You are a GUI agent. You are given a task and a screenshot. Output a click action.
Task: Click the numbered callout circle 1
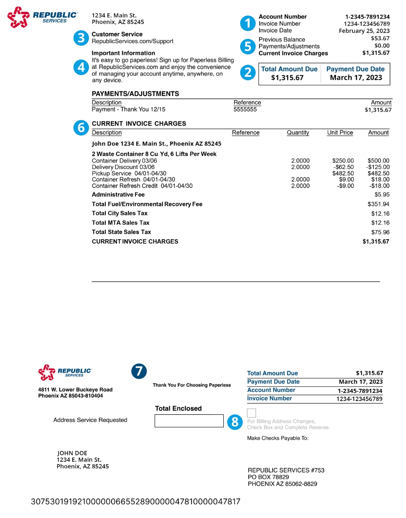click(x=248, y=23)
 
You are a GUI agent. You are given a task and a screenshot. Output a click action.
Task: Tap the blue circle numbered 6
click(x=81, y=128)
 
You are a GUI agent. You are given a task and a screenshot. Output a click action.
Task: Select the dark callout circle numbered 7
click(x=139, y=372)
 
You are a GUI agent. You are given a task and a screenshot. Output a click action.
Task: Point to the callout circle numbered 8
click(x=235, y=422)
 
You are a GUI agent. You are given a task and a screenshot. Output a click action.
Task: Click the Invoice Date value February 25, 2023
click(x=364, y=31)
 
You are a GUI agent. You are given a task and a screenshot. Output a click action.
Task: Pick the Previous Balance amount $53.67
click(x=380, y=38)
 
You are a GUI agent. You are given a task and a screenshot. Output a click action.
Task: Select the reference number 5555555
click(x=245, y=110)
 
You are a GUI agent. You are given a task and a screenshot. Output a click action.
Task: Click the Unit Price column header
click(x=340, y=133)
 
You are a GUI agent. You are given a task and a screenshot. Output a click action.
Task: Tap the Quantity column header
click(x=298, y=133)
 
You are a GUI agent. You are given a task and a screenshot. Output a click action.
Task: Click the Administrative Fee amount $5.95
click(x=382, y=195)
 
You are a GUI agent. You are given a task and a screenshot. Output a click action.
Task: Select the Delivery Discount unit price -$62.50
click(x=344, y=167)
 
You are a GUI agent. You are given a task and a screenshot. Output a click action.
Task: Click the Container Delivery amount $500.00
click(x=378, y=161)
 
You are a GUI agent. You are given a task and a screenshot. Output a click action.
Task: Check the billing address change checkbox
click(x=251, y=413)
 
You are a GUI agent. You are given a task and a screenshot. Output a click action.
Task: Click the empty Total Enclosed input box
click(x=189, y=421)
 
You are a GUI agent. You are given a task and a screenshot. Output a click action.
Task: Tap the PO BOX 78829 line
click(x=268, y=477)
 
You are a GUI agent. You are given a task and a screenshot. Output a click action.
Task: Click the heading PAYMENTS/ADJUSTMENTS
click(x=135, y=94)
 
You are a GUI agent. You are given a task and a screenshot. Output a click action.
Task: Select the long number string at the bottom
click(x=136, y=502)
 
